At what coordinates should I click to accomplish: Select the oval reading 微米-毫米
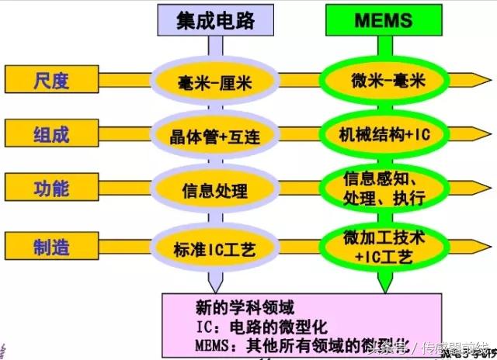click(383, 79)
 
